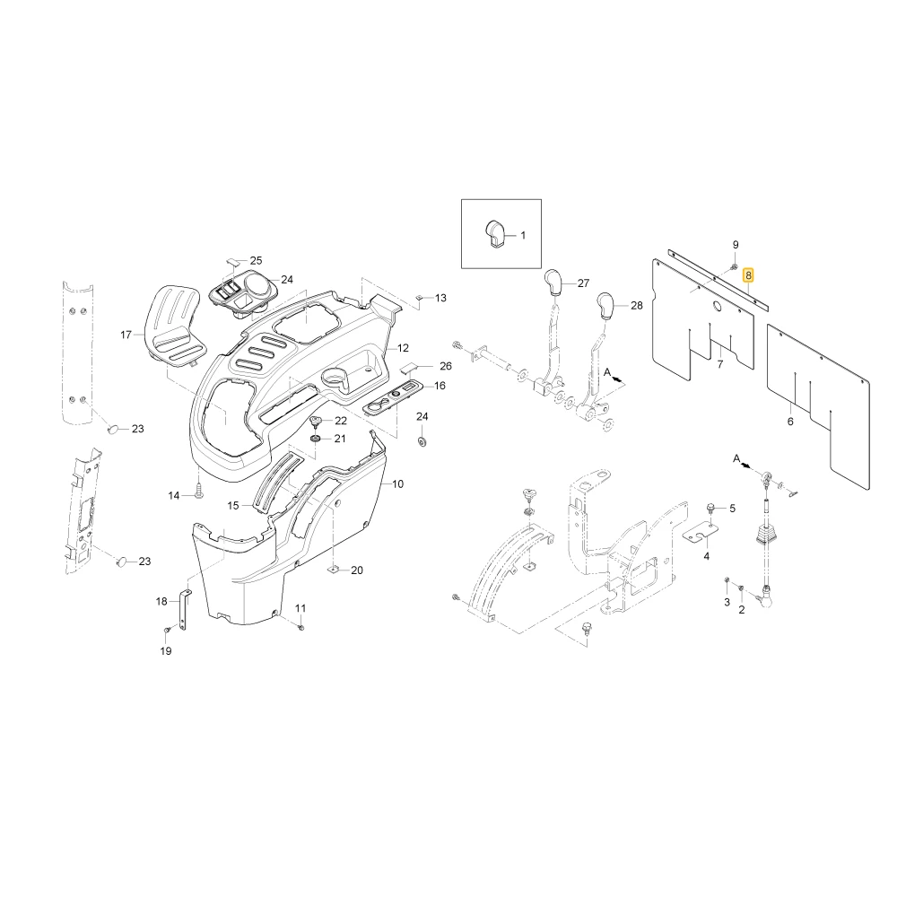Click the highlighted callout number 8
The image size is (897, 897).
coord(748,275)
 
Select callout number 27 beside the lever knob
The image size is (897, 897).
coord(583,283)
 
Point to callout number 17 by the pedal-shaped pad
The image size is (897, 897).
coord(126,335)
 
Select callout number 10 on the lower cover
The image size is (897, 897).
coord(397,484)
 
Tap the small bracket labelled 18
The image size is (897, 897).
coord(186,610)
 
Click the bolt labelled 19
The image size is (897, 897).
coord(167,630)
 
